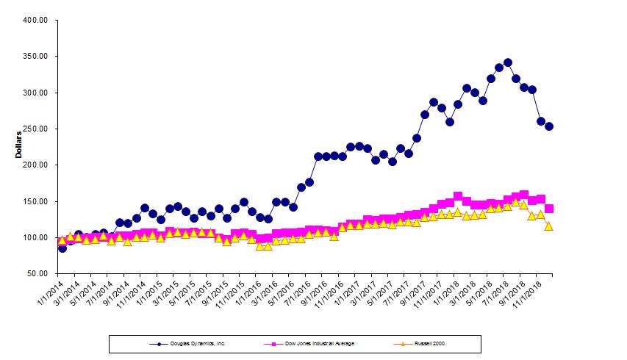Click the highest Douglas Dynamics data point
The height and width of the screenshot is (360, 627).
pyautogui.click(x=507, y=63)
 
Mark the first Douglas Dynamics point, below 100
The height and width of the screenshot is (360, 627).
pyautogui.click(x=62, y=248)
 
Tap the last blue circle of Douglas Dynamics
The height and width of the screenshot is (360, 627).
pyautogui.click(x=549, y=126)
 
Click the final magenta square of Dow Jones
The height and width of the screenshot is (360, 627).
pyautogui.click(x=549, y=209)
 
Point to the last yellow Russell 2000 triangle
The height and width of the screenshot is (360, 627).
pyautogui.click(x=549, y=226)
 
